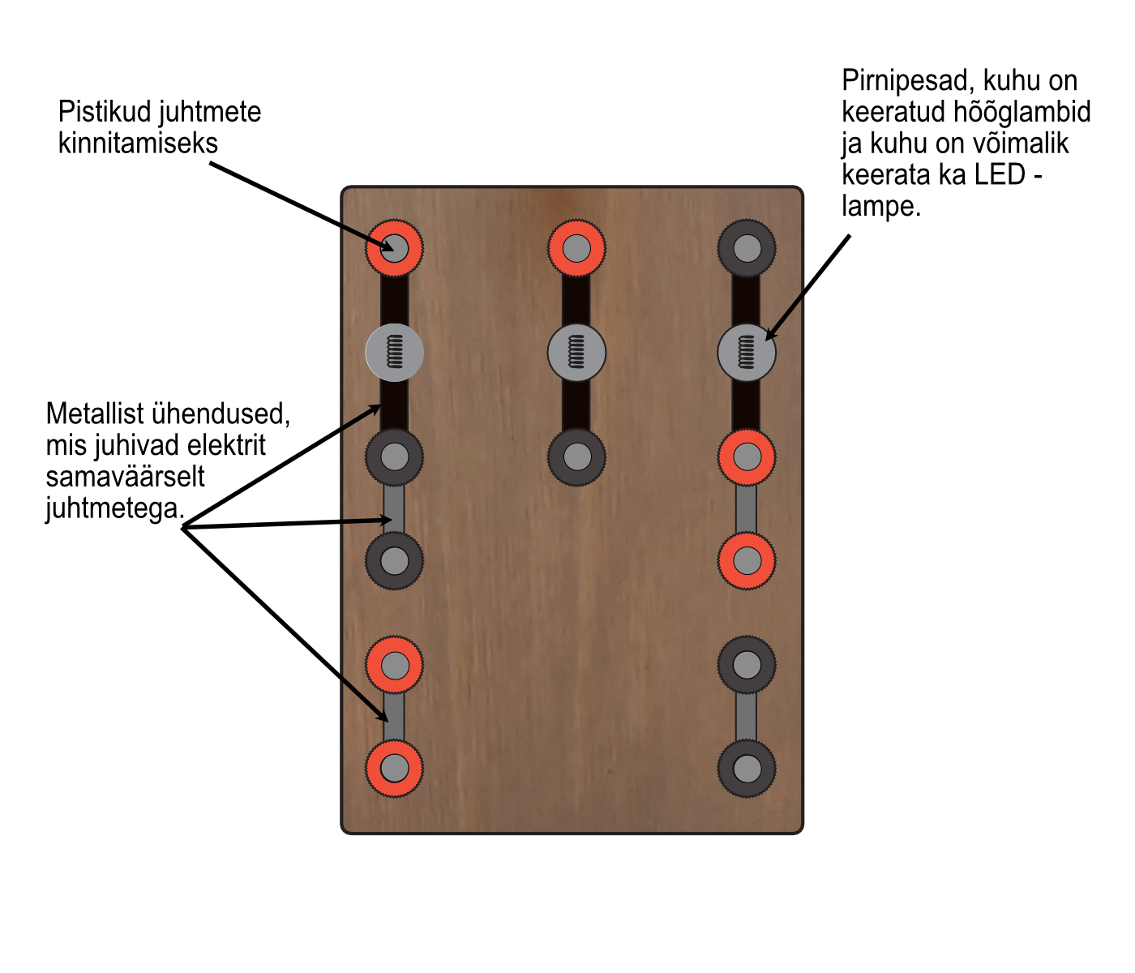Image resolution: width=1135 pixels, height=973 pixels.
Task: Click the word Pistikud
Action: (x=105, y=112)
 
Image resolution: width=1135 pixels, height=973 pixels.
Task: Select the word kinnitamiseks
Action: (x=138, y=144)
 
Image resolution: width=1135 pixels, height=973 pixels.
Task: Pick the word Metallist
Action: (x=96, y=414)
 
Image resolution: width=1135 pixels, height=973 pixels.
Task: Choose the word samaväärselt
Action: (x=125, y=477)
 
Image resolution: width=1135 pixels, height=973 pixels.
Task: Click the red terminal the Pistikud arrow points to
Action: (x=394, y=247)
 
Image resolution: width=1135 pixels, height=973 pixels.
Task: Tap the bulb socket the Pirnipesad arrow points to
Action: (x=747, y=353)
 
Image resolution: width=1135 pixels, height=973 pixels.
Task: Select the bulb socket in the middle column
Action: (x=576, y=353)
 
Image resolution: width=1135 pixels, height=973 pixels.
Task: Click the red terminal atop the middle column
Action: (x=576, y=247)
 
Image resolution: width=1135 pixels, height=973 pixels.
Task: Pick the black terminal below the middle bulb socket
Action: (x=576, y=456)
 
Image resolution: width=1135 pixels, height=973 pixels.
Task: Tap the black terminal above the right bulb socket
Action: (x=747, y=247)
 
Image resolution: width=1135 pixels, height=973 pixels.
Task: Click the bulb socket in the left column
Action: (x=394, y=353)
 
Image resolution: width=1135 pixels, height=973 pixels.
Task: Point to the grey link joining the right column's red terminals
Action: (x=747, y=508)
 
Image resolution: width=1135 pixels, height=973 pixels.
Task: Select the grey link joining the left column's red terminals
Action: (x=394, y=717)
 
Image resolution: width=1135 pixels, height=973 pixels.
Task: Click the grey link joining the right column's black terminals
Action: (x=747, y=717)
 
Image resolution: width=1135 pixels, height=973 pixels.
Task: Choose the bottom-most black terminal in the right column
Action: (x=747, y=768)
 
